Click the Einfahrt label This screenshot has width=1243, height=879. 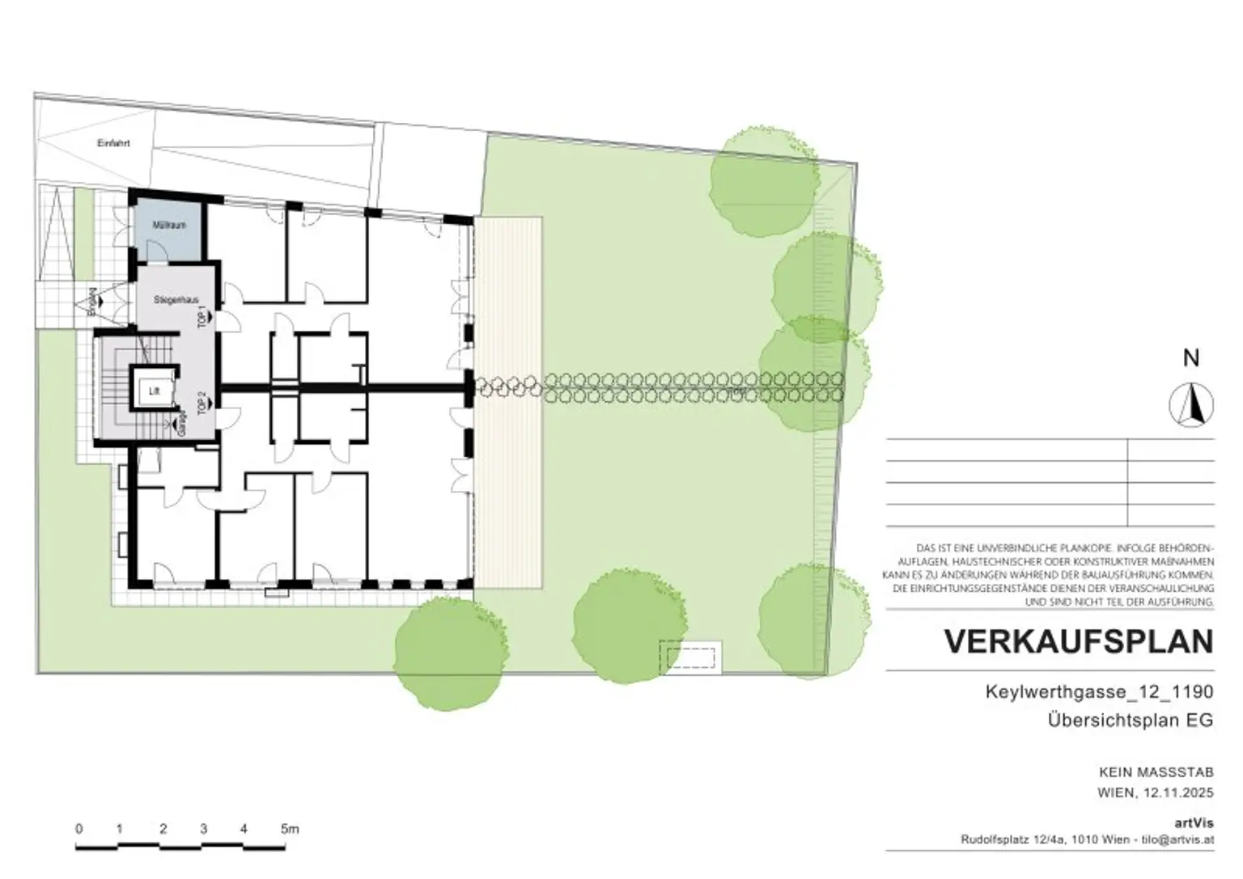(113, 143)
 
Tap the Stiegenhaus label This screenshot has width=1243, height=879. (176, 300)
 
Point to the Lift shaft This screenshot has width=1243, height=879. (155, 391)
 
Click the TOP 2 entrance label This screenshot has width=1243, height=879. (202, 401)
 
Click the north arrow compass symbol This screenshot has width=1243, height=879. (1191, 404)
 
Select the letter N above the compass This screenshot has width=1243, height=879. (1191, 358)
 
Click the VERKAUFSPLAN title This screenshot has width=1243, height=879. (1079, 641)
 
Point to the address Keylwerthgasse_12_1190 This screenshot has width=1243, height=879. (1099, 692)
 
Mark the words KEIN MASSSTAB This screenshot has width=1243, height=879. (1156, 772)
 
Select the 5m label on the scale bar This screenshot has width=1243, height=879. (290, 829)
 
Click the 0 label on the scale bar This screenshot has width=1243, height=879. (78, 829)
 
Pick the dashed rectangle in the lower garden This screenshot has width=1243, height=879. (689, 657)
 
